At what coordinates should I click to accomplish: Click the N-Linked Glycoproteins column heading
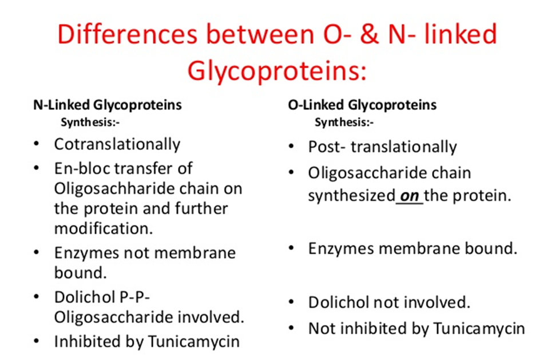tap(107, 105)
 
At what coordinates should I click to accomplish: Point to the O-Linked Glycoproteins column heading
tap(362, 105)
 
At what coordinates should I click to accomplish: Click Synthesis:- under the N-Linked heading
tap(90, 122)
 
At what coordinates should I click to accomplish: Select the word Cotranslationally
tap(117, 144)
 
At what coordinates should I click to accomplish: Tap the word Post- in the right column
tap(327, 147)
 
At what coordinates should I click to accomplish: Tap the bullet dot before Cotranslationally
tap(37, 144)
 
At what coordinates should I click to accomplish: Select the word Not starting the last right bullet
tap(320, 329)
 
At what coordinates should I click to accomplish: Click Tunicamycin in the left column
tap(194, 342)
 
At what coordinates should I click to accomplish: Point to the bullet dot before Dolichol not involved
tap(291, 302)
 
